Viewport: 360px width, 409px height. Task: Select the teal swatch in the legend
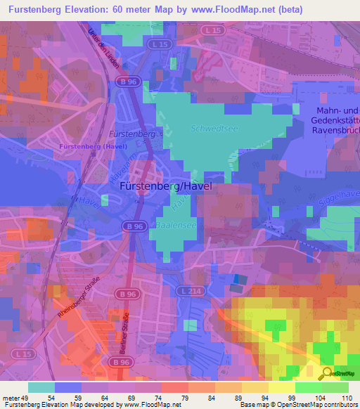click(x=41, y=387)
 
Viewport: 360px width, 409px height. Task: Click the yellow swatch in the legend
click(x=281, y=387)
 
